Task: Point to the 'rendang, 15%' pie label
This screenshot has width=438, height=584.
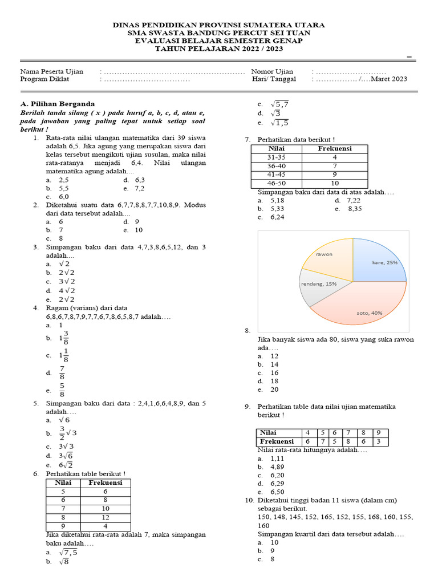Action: pos(318,283)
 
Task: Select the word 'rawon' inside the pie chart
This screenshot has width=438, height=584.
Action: pos(324,254)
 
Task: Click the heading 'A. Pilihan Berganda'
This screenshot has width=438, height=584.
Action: pos(58,104)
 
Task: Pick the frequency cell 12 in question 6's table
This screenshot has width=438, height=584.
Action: pos(105,517)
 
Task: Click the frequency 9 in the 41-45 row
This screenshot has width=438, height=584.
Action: pos(335,175)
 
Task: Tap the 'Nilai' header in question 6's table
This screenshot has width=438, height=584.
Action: pos(63,482)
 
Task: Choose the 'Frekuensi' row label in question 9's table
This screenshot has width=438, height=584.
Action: pos(277,441)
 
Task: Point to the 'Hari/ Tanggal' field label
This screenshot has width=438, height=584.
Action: pos(274,79)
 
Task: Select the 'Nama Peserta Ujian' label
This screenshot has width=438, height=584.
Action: pos(52,71)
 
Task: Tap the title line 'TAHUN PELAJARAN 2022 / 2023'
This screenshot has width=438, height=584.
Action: pos(218,49)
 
